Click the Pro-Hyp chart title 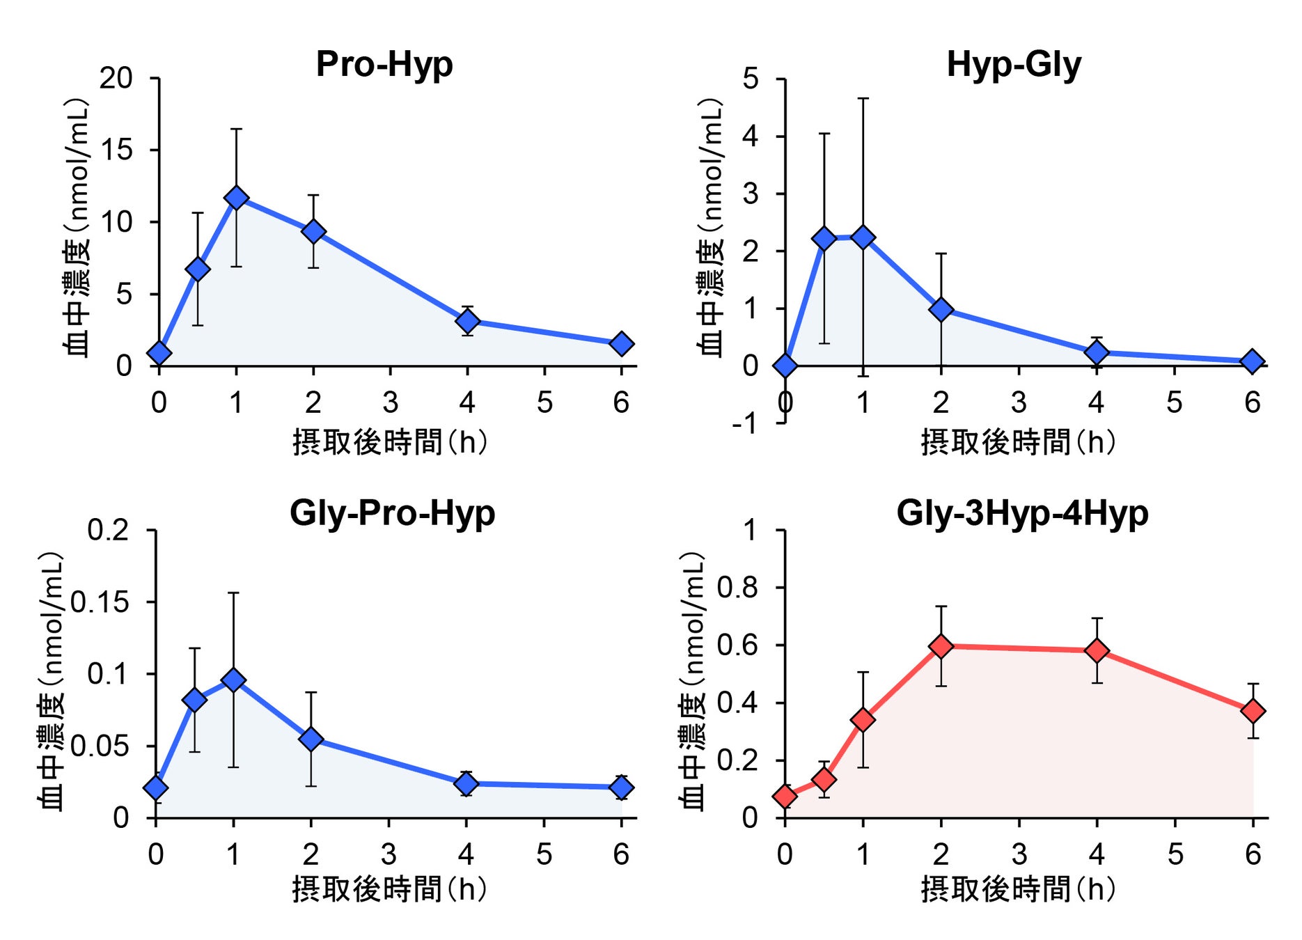(384, 64)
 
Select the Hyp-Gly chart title (1014, 65)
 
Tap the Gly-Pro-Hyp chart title (392, 513)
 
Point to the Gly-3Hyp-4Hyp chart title (1022, 513)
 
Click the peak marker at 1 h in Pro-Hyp (237, 198)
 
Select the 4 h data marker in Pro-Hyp (467, 321)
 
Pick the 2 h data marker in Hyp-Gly (941, 309)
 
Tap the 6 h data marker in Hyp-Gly (1252, 361)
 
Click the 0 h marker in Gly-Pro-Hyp (156, 788)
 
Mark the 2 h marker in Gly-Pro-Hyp (311, 739)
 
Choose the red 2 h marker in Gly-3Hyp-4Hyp (941, 646)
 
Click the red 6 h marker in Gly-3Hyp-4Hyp (1253, 711)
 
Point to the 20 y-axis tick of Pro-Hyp (116, 78)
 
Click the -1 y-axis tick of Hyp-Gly (745, 423)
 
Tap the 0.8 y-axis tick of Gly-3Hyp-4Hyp (738, 588)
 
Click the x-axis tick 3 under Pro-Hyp (391, 402)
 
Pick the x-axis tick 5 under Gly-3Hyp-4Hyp (1175, 854)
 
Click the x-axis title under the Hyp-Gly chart (1018, 442)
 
